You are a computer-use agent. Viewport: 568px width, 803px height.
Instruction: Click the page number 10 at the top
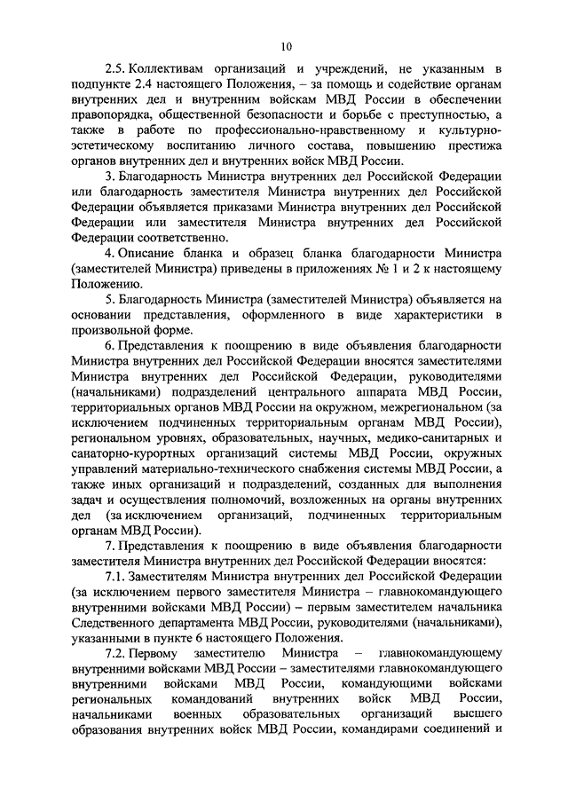click(x=284, y=46)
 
